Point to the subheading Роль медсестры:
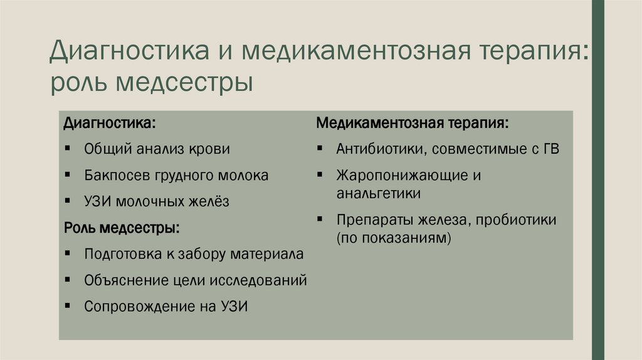pyautogui.click(x=122, y=228)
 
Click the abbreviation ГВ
pyautogui.click(x=550, y=149)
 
